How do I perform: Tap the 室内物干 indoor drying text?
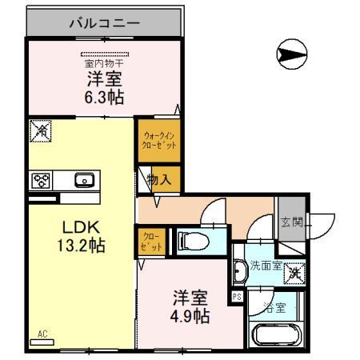pyautogui.click(x=103, y=62)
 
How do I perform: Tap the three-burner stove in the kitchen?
pyautogui.click(x=42, y=180)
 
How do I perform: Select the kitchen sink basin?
pyautogui.click(x=84, y=180)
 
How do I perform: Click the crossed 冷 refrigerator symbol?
pyautogui.click(x=40, y=130)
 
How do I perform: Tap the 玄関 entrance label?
pyautogui.click(x=291, y=223)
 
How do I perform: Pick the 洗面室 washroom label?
pyautogui.click(x=265, y=265)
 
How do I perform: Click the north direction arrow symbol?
pyautogui.click(x=290, y=54)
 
